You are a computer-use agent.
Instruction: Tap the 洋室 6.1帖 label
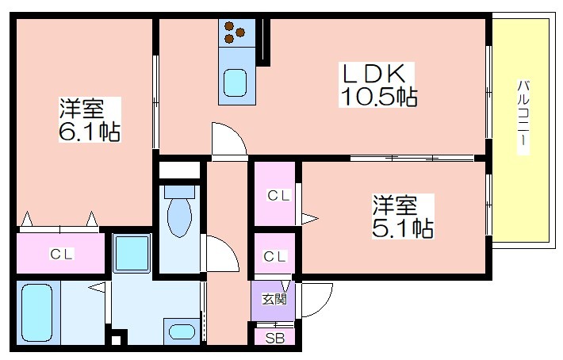coord(90,119)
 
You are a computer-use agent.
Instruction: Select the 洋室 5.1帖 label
coord(403,216)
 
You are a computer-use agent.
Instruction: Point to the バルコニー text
coord(523,113)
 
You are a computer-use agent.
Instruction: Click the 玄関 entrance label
coord(274,299)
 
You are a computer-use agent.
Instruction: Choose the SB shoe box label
coord(274,338)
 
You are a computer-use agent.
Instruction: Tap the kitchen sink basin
coord(236,83)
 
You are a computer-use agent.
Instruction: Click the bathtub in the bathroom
coord(37,312)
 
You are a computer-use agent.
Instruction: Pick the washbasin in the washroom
coord(182,331)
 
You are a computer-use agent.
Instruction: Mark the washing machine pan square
coord(132,254)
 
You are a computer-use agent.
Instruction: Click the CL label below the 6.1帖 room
coord(61,254)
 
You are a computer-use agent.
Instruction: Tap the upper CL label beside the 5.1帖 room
coord(278,196)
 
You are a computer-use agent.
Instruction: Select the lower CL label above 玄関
coord(274,256)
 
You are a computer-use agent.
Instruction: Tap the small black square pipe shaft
coord(116,339)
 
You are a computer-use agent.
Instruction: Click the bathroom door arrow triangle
coord(97,287)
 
